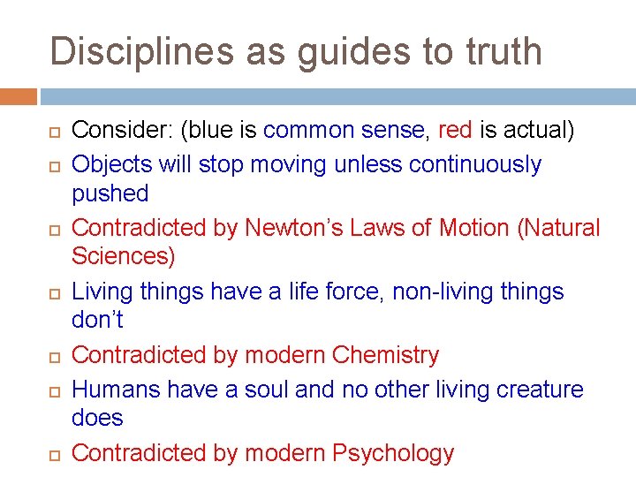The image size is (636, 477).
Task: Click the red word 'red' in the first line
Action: [455, 132]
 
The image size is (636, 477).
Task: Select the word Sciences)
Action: [124, 257]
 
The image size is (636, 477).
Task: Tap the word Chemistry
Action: [385, 355]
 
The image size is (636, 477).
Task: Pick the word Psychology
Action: [393, 454]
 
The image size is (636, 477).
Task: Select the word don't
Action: [96, 321]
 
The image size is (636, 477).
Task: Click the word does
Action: [97, 418]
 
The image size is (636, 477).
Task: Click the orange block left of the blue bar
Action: [19, 96]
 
